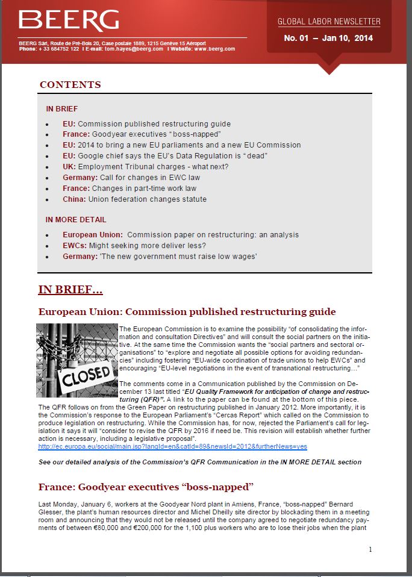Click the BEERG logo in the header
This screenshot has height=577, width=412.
69,20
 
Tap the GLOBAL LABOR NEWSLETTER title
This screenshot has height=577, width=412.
329,22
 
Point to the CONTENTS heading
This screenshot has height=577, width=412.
70,85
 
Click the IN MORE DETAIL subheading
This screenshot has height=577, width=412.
76,220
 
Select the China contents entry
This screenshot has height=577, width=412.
134,199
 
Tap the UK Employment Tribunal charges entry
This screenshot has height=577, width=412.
145,167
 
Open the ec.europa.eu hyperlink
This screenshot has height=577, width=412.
172,446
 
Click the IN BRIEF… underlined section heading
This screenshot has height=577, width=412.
70,290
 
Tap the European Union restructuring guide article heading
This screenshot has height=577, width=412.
187,312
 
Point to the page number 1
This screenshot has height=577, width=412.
370,549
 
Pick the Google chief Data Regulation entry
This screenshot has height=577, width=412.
164,156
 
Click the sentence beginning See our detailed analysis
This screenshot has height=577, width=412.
199,462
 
